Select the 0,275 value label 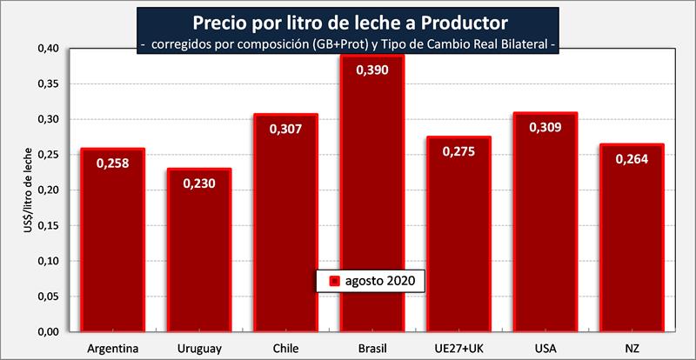[458, 150]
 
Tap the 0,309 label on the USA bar [545, 127]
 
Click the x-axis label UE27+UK [458, 348]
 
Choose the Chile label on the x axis [285, 348]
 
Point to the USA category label [545, 348]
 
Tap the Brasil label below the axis [371, 348]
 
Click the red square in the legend [333, 281]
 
